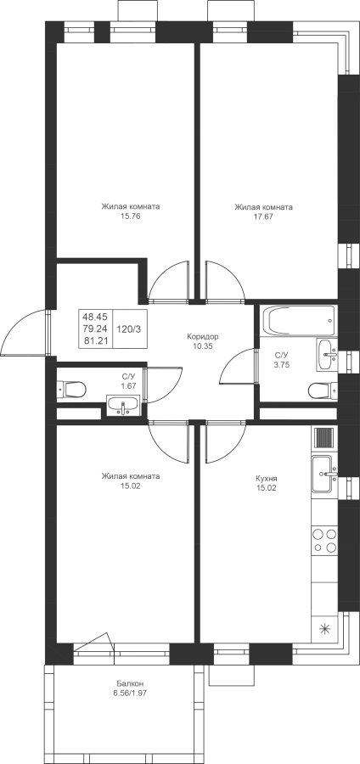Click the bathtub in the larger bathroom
pos(299,320)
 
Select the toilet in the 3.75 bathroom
pos(323,390)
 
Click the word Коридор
pos(203,336)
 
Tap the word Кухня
pos(266,478)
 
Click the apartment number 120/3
pos(129,329)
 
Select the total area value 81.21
pos(95,340)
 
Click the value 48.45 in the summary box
pos(95,317)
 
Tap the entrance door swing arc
pos(14,323)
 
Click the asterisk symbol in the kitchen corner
pos(324,628)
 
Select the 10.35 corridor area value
pos(203,346)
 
